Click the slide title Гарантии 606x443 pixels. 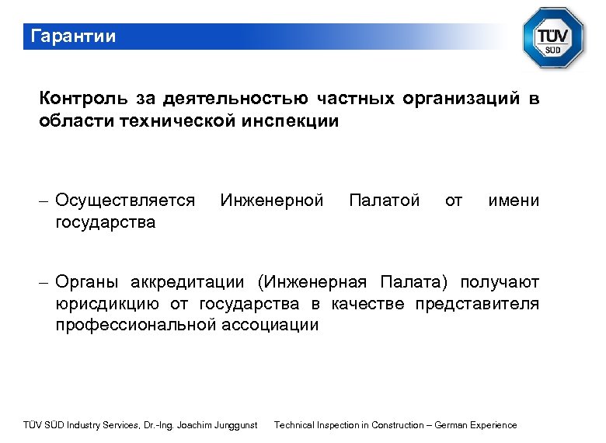[x=72, y=37]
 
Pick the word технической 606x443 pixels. [x=176, y=121]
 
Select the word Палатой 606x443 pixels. [x=385, y=201]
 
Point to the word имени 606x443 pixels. [x=513, y=201]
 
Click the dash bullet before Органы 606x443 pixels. [x=45, y=281]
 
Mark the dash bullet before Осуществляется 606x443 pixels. [x=45, y=201]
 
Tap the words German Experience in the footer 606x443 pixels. [x=475, y=425]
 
